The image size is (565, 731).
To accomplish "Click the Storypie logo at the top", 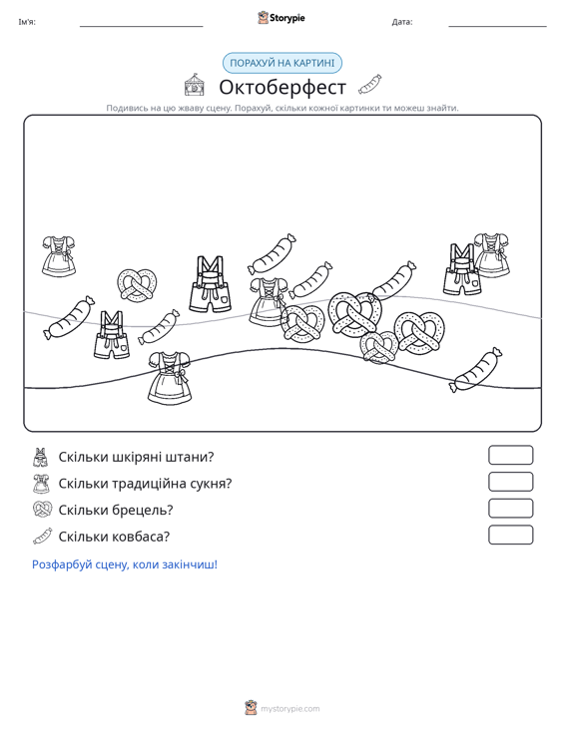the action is point(282,18).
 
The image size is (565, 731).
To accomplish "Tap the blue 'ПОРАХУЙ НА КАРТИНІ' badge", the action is point(282,63).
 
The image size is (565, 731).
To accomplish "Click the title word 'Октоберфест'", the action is point(282,87).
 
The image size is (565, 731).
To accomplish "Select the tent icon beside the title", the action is point(194,85).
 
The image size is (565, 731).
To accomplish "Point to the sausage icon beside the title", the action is point(370,84).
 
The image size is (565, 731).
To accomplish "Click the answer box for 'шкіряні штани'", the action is point(510,455).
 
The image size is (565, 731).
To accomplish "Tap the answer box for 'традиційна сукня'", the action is point(510,482).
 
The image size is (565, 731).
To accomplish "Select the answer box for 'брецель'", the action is point(510,509).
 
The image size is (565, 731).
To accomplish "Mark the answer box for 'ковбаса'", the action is point(510,535).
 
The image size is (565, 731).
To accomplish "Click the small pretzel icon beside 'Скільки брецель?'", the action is point(43,509).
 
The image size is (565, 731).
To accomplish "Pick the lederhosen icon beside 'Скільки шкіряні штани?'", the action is point(41,457).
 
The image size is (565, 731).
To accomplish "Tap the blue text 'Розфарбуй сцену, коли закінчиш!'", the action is point(125,564).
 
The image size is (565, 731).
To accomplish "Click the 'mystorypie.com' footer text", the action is point(290,709).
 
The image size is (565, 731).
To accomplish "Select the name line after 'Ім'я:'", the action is point(142,26).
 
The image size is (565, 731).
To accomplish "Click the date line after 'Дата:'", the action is point(497,26).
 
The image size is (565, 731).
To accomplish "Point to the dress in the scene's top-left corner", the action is point(59,256).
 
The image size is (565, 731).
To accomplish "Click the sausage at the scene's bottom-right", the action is point(475,370).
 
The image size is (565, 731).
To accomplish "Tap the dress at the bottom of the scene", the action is point(170,378).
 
